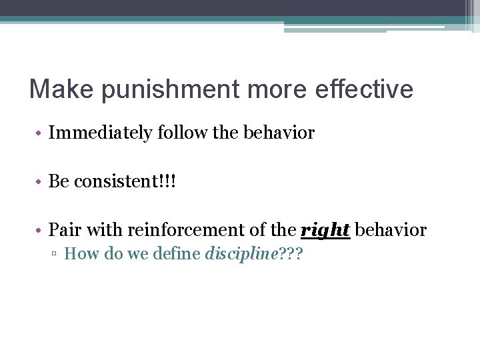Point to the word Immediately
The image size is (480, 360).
[x=101, y=133]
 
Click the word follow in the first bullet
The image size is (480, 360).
[x=175, y=133]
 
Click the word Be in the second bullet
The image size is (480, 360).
[x=59, y=182]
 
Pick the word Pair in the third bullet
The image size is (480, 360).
[x=63, y=231]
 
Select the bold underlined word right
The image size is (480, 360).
[x=326, y=231]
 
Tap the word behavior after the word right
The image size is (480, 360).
[x=391, y=231]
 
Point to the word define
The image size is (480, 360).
[x=177, y=254]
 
